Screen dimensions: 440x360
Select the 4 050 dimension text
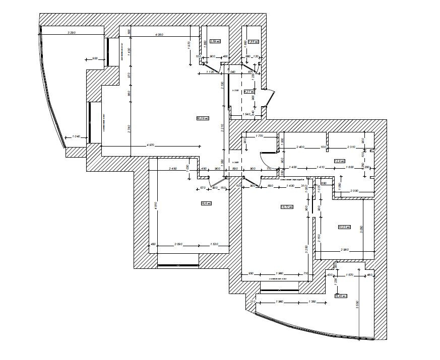point(159,34)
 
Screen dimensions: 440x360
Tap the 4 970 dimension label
point(150,145)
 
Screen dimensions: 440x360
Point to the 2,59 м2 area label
point(215,41)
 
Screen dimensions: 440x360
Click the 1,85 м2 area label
point(253,41)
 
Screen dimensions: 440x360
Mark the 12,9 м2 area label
point(339,161)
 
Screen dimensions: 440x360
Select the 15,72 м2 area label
point(286,206)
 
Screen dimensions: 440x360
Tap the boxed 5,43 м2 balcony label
point(341,296)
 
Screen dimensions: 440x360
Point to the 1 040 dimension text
point(76,136)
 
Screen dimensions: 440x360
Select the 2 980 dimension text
point(345,249)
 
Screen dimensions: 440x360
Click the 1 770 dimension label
point(260,136)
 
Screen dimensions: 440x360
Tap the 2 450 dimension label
point(174,168)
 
